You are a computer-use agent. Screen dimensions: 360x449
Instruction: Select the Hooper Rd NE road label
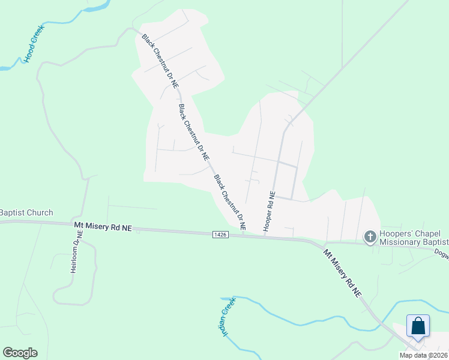click(270, 212)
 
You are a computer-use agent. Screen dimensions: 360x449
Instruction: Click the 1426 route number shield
click(220, 234)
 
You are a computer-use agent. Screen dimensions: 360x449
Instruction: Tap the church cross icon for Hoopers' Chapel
click(370, 237)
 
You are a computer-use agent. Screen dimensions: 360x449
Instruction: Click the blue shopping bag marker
click(418, 326)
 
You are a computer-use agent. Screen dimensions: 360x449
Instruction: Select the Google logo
click(20, 352)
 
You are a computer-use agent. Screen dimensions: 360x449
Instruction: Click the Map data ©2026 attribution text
click(423, 355)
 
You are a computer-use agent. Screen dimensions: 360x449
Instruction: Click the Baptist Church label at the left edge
click(26, 212)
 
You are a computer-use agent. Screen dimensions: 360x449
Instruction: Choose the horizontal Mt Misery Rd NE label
click(103, 227)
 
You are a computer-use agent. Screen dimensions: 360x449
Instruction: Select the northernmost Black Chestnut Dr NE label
click(160, 61)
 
